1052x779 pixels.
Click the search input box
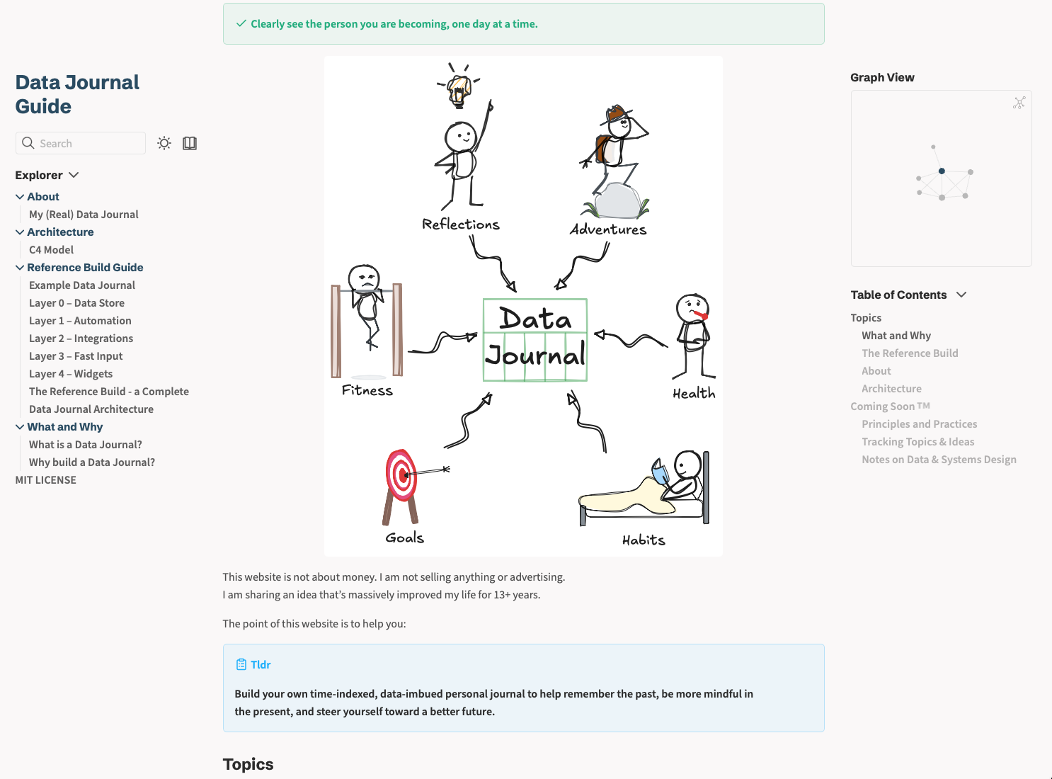pos(81,143)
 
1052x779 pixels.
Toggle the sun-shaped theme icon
pos(164,143)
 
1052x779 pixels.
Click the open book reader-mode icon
pos(190,143)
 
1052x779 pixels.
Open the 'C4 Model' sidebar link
pos(51,249)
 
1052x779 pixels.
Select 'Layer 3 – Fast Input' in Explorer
pos(76,356)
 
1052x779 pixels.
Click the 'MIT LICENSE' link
pos(45,479)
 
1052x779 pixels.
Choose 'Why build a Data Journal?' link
pos(92,462)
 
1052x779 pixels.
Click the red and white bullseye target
pos(401,475)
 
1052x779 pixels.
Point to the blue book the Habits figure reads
pos(661,471)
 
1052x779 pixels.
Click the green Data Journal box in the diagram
pos(535,340)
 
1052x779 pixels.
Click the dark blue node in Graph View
pos(942,171)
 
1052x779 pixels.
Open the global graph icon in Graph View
pos(1019,103)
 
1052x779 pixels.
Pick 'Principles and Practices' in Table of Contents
pos(919,423)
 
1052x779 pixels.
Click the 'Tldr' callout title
pos(261,664)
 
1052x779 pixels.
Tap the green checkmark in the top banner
pos(241,23)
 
